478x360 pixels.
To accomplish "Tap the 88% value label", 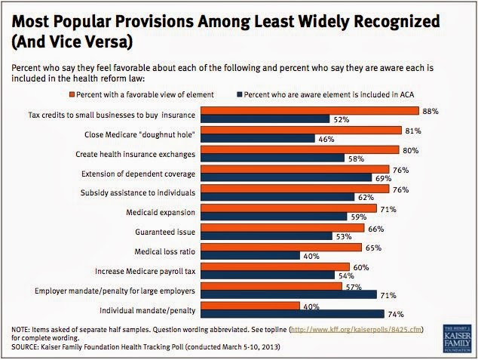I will click(430, 110).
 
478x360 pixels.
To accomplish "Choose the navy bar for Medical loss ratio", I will click(255, 255).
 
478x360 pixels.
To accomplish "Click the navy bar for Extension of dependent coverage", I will click(286, 177).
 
